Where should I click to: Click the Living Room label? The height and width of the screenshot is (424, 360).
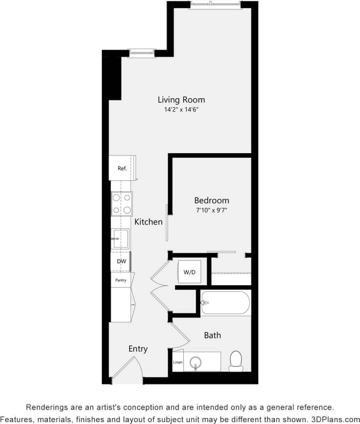point(181,100)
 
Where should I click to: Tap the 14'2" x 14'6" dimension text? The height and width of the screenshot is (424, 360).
point(181,110)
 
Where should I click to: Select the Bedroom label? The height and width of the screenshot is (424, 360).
point(211,201)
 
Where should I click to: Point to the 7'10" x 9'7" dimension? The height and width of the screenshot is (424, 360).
point(211,210)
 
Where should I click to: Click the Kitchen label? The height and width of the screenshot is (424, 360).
point(148,222)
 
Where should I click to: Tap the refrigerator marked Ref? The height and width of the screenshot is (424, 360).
point(122,168)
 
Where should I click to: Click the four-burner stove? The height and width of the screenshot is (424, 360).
point(122,204)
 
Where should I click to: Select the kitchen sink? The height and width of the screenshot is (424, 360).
point(120,239)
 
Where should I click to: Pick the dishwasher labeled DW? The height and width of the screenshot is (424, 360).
point(121,262)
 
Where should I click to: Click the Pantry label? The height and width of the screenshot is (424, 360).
point(121,280)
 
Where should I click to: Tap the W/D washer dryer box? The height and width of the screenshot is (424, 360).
point(189,272)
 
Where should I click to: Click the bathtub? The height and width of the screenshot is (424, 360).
point(225,303)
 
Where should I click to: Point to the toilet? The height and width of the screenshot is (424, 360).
point(236,361)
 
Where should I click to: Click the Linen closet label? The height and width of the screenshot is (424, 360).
point(178,363)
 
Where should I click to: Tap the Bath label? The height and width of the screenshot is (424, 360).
point(212,335)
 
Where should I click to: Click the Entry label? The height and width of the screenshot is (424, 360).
point(138,349)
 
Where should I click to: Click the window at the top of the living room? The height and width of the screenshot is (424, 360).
point(215,5)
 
